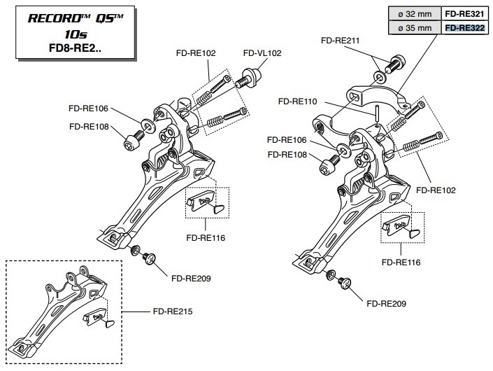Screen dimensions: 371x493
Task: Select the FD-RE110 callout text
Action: [x=297, y=101]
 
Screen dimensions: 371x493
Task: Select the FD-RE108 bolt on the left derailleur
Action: [x=130, y=143]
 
